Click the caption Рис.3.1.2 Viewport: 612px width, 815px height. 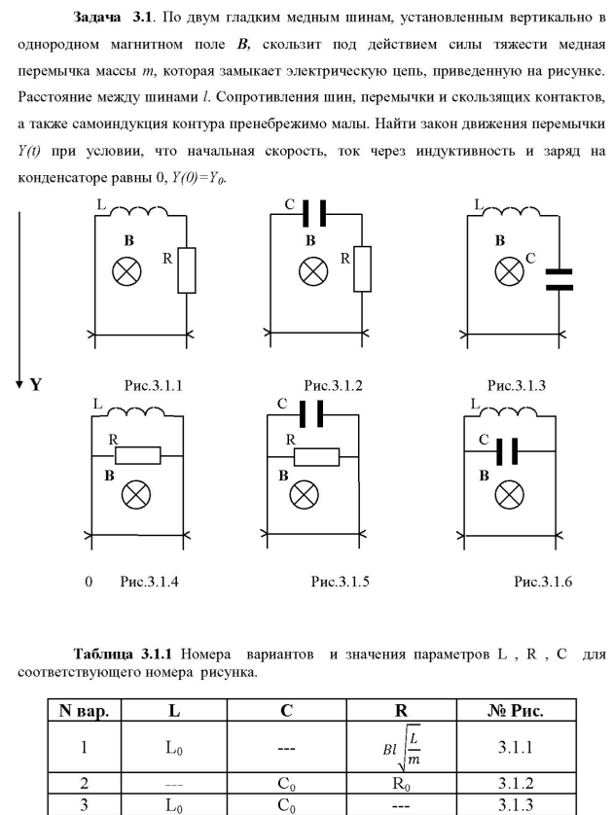coord(334,385)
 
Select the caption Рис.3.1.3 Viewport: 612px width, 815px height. coord(518,385)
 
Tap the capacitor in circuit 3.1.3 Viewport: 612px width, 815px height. coord(559,279)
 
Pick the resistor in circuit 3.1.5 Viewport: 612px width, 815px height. coord(317,456)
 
